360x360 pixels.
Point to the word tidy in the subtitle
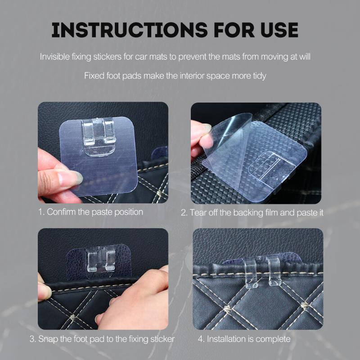pos(258,75)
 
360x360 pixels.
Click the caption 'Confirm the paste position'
pos(95,211)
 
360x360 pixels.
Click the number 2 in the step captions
pos(184,212)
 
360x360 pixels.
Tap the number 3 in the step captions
pos(32,338)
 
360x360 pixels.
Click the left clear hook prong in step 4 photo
pos(251,272)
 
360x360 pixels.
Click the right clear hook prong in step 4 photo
pos(274,272)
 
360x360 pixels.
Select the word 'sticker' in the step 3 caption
pos(162,338)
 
